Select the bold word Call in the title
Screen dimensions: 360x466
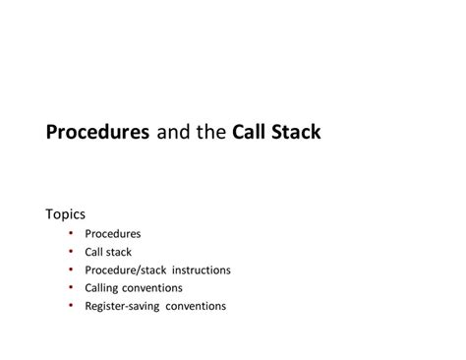[x=251, y=132]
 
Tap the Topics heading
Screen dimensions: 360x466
[x=66, y=212]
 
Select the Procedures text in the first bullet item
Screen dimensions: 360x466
[x=113, y=234]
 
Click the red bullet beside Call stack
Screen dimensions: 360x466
[x=72, y=252]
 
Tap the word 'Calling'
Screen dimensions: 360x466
[x=104, y=287]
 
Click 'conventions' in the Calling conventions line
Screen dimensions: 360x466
[x=155, y=287]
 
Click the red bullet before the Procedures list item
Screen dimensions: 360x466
[x=72, y=233]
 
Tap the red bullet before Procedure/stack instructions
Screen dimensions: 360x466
[x=72, y=270]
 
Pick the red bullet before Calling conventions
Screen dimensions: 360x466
[x=72, y=287]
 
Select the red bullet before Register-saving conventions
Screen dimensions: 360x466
[x=72, y=305]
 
